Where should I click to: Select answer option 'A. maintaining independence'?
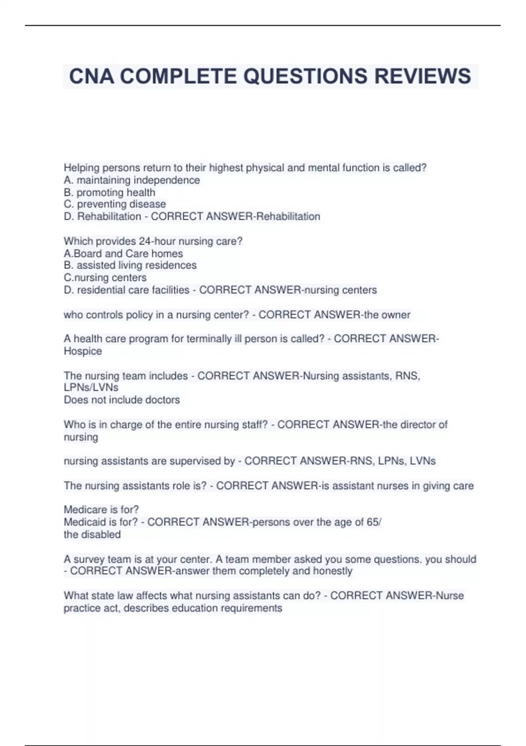coord(132,180)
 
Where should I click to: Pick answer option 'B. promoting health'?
coord(110,193)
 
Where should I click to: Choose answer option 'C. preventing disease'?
coord(115,204)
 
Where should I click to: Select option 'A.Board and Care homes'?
coord(123,254)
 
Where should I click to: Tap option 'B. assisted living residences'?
coord(130,265)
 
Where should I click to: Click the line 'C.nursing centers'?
coord(105,278)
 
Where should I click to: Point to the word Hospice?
coord(83,351)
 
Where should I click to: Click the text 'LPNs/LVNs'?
coord(91,387)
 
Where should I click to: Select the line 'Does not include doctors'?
coord(122,400)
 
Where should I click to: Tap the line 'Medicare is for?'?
coord(101,509)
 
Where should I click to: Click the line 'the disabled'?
coord(92,534)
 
